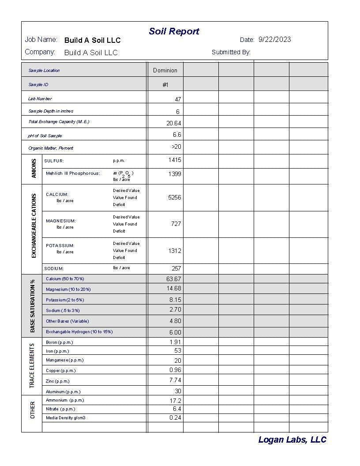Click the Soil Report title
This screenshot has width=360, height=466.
(174, 31)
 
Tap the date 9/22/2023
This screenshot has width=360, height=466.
(274, 40)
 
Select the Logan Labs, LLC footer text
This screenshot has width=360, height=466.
(292, 440)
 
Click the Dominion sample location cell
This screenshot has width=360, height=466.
(165, 70)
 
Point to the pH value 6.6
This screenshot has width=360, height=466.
(177, 135)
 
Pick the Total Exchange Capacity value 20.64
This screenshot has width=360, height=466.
(174, 124)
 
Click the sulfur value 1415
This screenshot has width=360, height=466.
(175, 160)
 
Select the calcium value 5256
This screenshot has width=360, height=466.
(175, 197)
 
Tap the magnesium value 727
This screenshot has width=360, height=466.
(176, 224)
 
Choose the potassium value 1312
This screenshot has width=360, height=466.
(175, 251)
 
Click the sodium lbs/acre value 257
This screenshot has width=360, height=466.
(176, 268)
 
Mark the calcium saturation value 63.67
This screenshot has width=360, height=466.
(174, 279)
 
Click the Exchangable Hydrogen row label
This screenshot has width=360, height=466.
(79, 332)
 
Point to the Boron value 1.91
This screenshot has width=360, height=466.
(176, 342)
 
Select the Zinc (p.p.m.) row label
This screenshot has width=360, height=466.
(58, 381)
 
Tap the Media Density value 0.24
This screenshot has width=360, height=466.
(176, 417)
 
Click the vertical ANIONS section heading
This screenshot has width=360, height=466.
(34, 169)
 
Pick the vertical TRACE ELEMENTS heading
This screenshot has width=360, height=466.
(32, 366)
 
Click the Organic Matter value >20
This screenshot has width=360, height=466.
(176, 147)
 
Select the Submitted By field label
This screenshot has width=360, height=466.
(231, 53)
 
